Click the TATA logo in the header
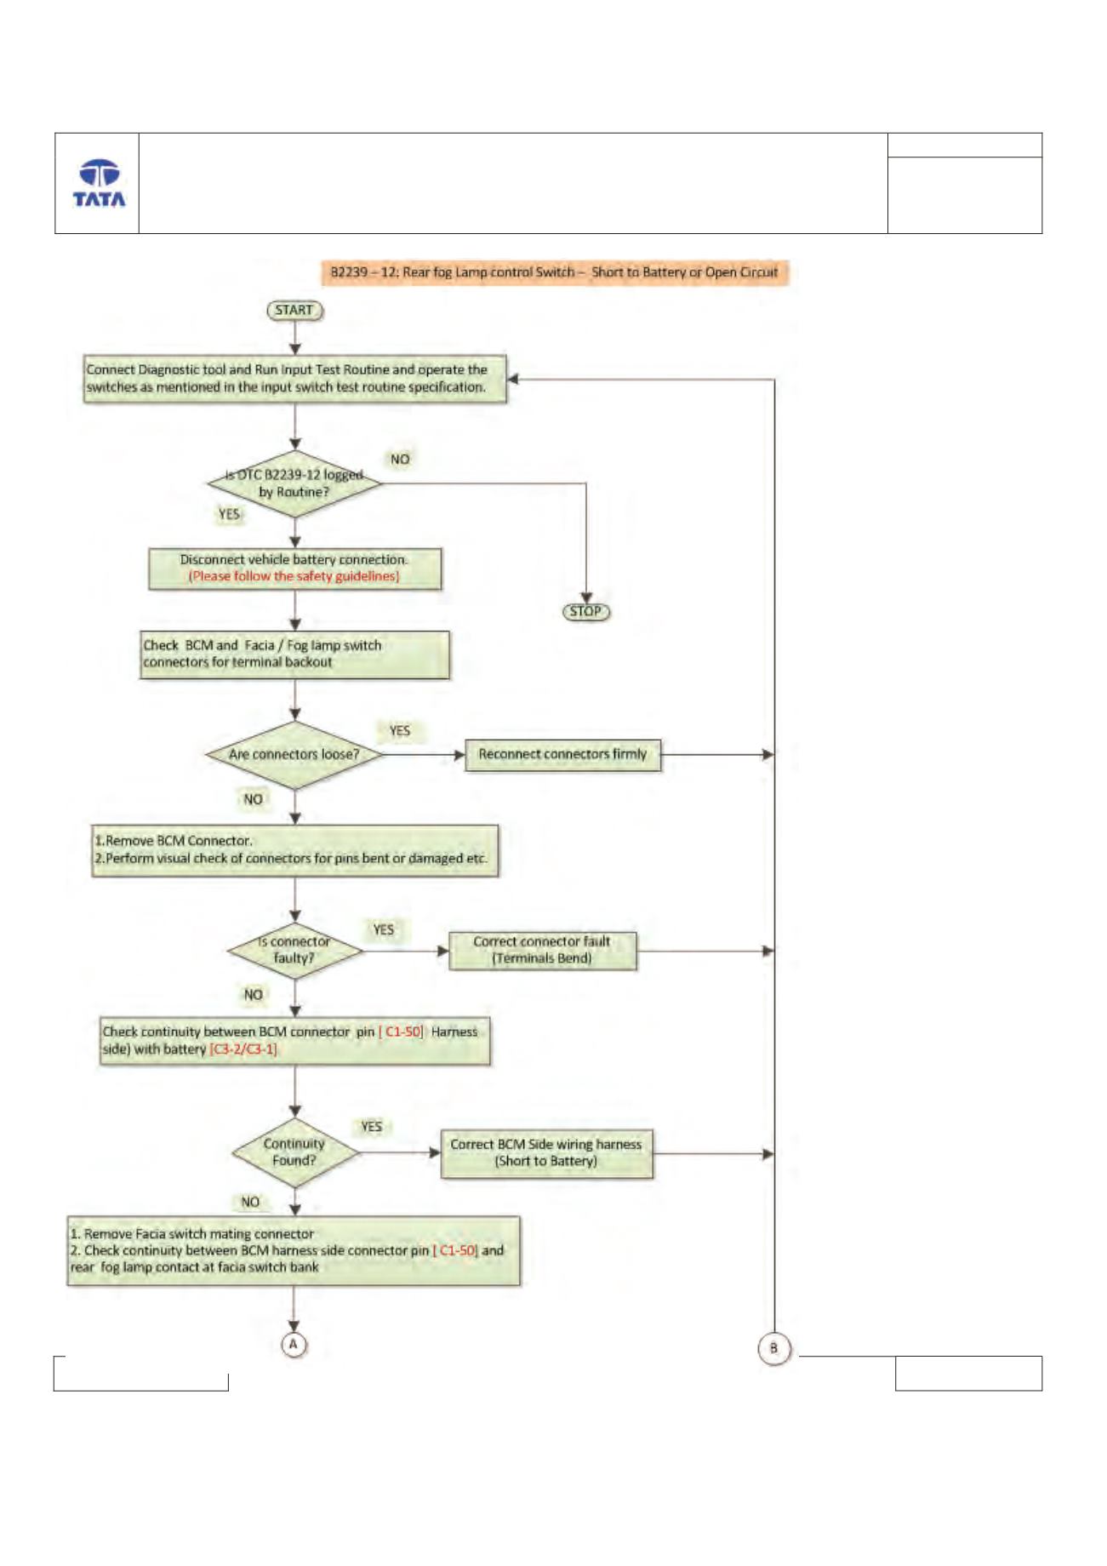point(99,183)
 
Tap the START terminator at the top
point(295,311)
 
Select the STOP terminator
point(586,611)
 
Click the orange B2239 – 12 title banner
point(555,272)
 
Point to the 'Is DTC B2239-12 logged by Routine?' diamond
point(294,483)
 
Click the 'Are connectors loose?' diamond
point(294,754)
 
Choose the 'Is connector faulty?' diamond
point(294,950)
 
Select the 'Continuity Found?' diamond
point(294,1152)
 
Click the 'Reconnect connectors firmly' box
point(562,754)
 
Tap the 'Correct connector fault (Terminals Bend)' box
point(542,950)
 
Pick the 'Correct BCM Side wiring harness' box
point(546,1153)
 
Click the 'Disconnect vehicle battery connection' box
point(294,569)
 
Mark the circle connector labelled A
point(294,1345)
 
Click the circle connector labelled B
point(773,1348)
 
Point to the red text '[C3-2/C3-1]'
point(243,1049)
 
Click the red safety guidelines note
point(294,576)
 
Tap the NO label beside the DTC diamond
point(400,460)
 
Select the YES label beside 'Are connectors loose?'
point(399,731)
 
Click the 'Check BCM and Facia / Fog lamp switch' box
point(294,654)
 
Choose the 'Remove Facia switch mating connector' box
point(294,1250)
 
